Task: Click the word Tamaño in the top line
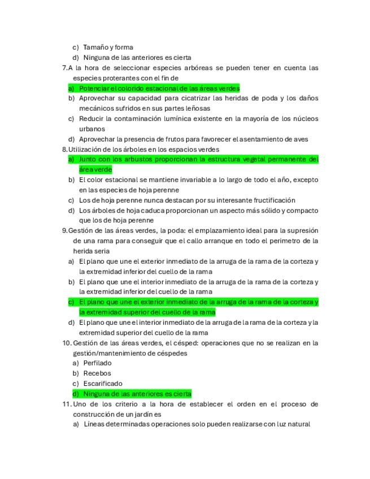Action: [94, 47]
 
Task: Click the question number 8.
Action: [64, 149]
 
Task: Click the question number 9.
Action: [64, 230]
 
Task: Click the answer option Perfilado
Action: [97, 363]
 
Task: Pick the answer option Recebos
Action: [97, 373]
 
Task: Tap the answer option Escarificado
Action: [102, 384]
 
